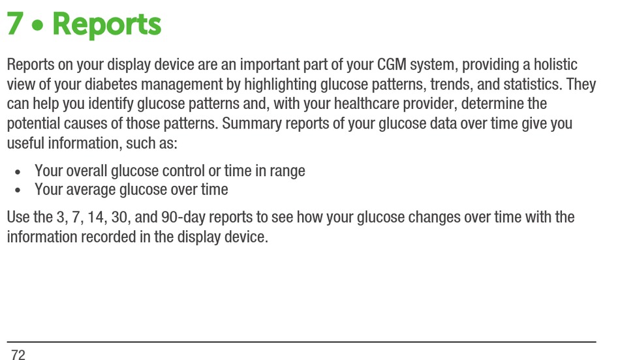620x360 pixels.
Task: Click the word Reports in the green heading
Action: [107, 25]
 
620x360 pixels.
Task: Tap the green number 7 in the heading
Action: [16, 23]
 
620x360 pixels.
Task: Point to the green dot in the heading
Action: [38, 25]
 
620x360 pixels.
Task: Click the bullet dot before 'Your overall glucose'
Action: [18, 172]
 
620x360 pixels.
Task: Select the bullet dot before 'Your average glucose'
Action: [18, 190]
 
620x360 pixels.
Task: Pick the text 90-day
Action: [183, 218]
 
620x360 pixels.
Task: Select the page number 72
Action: [18, 355]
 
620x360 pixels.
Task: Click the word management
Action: [182, 85]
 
